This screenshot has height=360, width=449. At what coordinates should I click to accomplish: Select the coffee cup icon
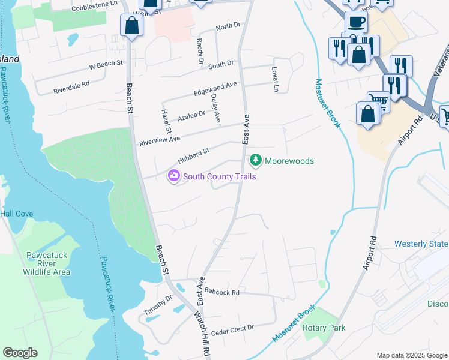coord(355,23)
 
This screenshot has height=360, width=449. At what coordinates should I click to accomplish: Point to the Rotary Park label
coord(324,328)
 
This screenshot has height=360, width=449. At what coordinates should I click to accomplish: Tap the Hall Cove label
coord(17,214)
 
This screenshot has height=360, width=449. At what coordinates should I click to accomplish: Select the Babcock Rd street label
coord(221,292)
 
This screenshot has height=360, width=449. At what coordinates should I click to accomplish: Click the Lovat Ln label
coord(276,79)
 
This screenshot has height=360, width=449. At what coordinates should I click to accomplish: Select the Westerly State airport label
coord(421,244)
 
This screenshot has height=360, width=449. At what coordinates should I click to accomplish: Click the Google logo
coord(20,353)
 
